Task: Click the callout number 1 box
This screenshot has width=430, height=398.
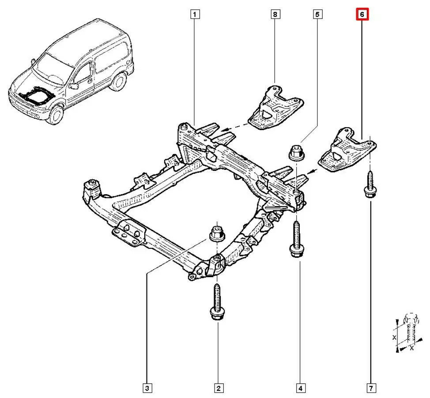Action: point(195,15)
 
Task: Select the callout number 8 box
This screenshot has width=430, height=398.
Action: point(275,15)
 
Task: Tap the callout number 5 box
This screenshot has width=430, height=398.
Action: point(317,15)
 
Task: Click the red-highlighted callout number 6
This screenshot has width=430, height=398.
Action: point(362,15)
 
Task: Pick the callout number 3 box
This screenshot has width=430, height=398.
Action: point(147,388)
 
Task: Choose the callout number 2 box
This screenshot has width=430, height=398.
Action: point(218,388)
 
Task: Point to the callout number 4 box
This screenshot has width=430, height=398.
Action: point(300,388)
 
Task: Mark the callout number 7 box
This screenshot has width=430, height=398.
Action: point(371,388)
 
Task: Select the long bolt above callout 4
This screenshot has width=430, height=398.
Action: point(295,239)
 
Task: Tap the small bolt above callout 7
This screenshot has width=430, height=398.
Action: point(369,186)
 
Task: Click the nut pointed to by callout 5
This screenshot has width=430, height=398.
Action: point(295,153)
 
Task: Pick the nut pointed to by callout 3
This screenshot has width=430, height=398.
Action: point(216,233)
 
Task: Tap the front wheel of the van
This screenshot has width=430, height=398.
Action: point(56,113)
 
